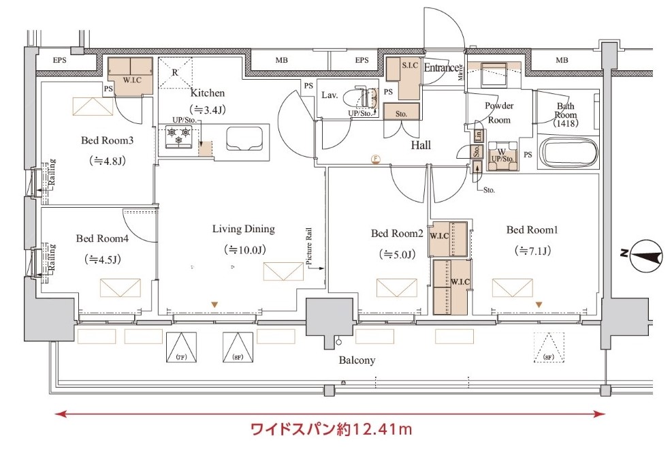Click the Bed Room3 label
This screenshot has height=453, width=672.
click(x=107, y=140)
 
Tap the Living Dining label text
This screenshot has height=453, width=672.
click(x=243, y=229)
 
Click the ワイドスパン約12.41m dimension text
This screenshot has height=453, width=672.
click(x=332, y=430)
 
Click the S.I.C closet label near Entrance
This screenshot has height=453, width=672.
click(x=410, y=65)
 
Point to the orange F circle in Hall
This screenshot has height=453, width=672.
click(x=374, y=159)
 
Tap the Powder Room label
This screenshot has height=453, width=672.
click(x=498, y=112)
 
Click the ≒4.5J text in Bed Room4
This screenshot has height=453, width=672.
click(x=102, y=259)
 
